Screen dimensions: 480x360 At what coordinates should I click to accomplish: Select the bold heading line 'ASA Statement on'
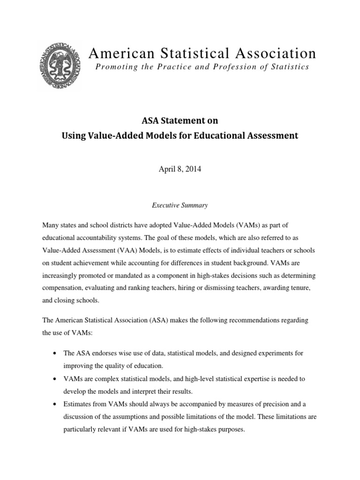click(180, 120)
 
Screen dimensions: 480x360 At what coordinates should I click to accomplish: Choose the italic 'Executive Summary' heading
click(180, 205)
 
